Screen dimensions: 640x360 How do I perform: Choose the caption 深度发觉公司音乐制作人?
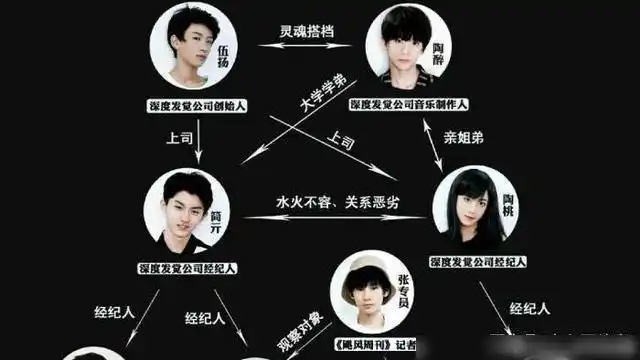(409, 104)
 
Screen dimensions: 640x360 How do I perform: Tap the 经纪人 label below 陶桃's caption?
(528, 308)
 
